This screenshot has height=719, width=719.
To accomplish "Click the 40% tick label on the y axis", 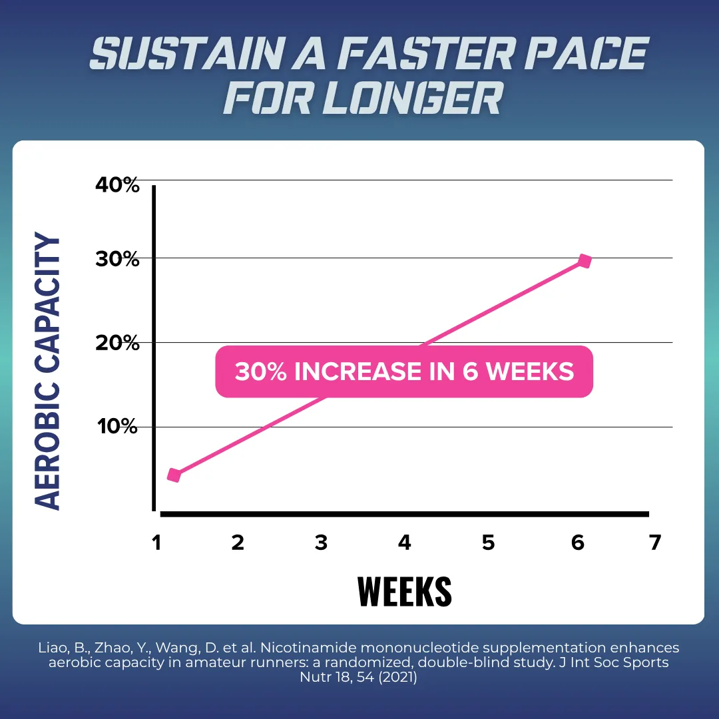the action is click(117, 185).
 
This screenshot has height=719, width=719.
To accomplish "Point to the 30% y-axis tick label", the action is click(117, 259).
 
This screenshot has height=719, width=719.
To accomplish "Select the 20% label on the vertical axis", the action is click(117, 343).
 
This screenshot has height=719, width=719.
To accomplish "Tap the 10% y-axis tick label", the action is click(117, 427).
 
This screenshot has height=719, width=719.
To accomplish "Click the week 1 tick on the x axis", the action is click(157, 543).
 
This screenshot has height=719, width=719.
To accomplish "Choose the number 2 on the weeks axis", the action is click(238, 543).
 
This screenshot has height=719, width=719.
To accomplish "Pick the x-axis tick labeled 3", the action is click(321, 543).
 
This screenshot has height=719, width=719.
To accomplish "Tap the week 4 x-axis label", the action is click(405, 543).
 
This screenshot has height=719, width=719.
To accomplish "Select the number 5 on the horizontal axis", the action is click(489, 543).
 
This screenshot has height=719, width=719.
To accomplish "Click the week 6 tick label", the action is click(578, 543).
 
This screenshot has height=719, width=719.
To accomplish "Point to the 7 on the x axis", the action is click(655, 543).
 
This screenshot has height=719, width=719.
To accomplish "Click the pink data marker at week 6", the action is click(585, 261).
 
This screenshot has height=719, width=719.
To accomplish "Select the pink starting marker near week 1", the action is click(174, 475).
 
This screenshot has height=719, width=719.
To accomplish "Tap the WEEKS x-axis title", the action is click(405, 592).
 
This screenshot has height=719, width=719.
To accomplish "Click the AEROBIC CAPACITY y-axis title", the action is click(47, 371).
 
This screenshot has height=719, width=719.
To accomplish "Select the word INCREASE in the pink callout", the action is click(358, 371).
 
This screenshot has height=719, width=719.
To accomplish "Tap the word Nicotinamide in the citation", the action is click(308, 648).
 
